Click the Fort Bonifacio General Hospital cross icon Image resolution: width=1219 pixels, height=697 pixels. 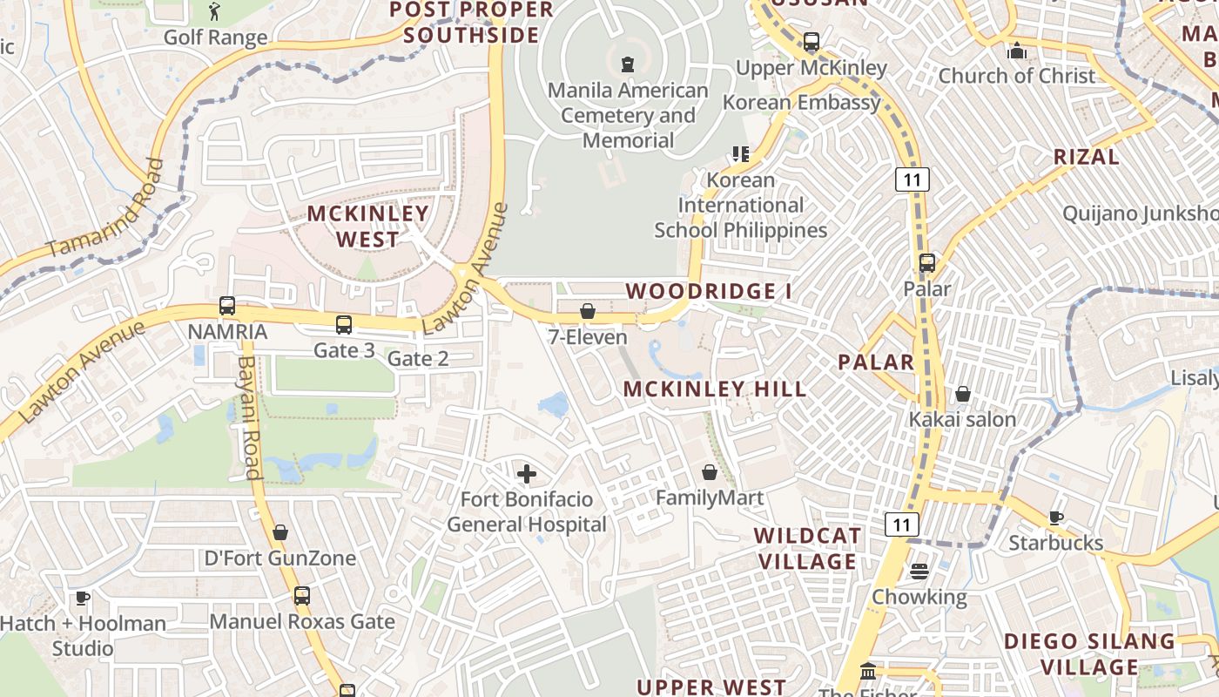point(527,474)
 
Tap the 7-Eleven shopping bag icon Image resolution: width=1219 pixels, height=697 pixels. point(588,311)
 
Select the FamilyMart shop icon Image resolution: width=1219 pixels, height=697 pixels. point(710,472)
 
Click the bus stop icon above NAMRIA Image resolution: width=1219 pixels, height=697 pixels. point(227,306)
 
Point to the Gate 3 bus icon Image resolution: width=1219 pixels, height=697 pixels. point(344,325)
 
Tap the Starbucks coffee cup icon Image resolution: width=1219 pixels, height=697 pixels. point(1056,518)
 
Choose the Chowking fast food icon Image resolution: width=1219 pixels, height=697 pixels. point(919,572)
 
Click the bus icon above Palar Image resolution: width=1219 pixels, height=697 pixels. point(926,262)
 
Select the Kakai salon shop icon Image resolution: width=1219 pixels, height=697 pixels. point(962,395)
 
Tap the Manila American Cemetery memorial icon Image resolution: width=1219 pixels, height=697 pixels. point(626,64)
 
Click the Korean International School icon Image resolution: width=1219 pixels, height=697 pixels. point(740,154)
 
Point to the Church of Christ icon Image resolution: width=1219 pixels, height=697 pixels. point(1016,51)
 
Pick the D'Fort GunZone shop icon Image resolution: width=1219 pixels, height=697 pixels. point(280,532)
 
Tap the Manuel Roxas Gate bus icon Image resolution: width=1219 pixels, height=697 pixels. point(301,597)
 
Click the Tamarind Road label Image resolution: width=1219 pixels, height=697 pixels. point(104,209)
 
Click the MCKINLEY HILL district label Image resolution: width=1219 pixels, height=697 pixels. point(715,389)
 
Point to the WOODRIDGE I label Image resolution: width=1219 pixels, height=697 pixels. point(709,291)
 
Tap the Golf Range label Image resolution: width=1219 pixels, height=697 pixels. point(215,37)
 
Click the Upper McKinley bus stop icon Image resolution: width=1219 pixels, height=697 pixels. point(812,41)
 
